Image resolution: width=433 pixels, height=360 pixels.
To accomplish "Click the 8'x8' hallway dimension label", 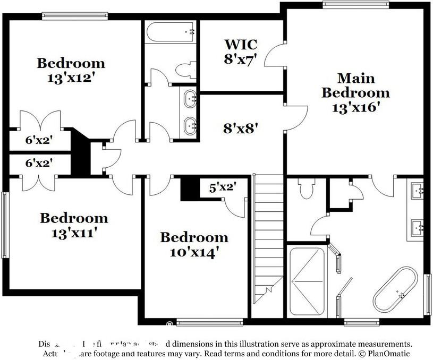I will click(x=240, y=127).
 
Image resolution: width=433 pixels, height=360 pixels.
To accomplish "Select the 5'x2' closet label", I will click(x=222, y=187).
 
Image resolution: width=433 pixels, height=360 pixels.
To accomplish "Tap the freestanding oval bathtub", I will click(x=397, y=291).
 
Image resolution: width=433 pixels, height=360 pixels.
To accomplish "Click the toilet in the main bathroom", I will click(x=307, y=188).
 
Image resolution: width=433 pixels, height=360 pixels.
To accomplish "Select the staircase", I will click(x=268, y=239).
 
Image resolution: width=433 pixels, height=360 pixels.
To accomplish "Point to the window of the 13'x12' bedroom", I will click(x=72, y=15).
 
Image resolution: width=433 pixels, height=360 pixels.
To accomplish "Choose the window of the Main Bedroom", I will click(x=355, y=5).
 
